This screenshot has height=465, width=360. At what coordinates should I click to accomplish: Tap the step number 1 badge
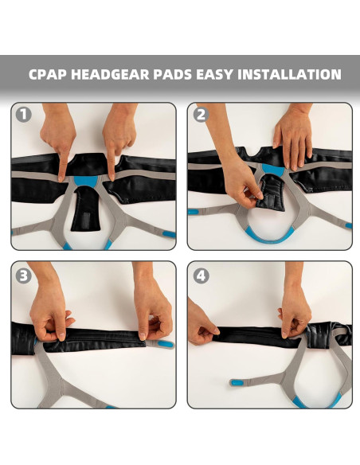click(24, 115)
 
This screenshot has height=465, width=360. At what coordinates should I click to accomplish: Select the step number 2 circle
click(200, 115)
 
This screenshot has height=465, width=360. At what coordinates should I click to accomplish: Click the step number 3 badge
click(24, 275)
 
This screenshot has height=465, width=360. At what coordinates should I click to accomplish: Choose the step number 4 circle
click(200, 275)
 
